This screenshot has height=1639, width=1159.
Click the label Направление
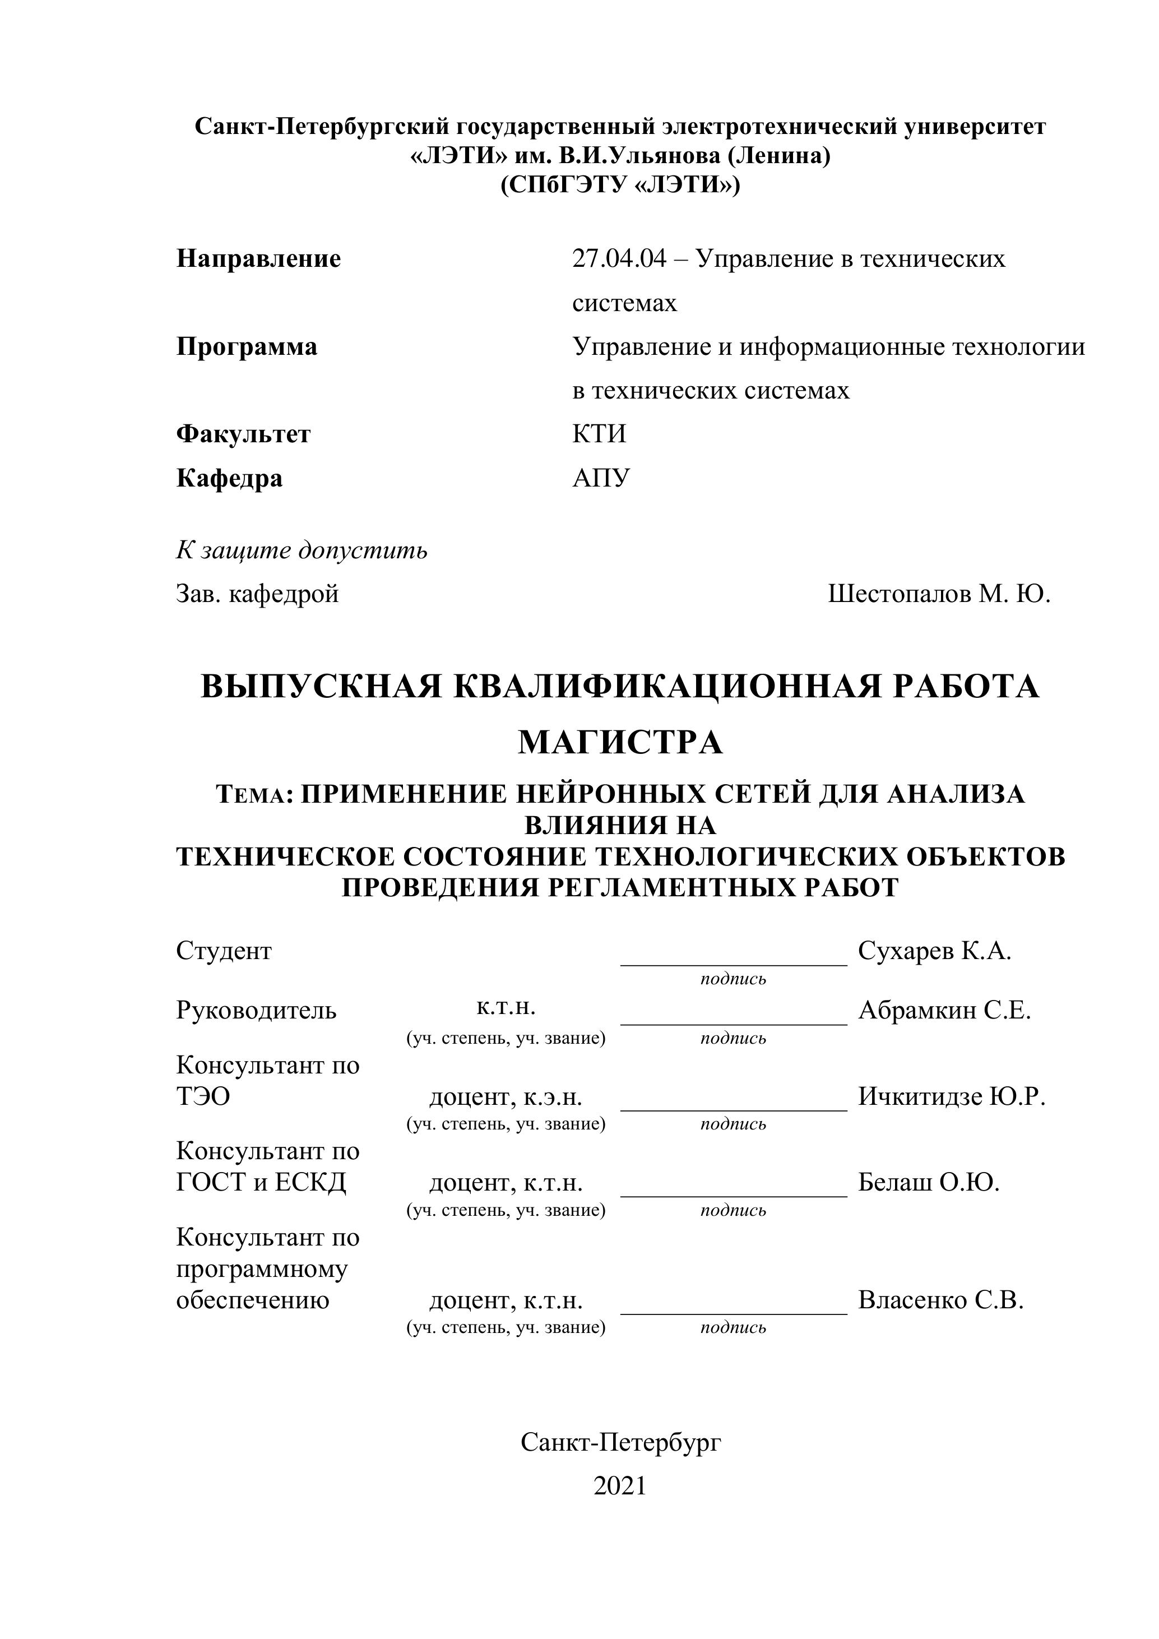pyautogui.click(x=258, y=258)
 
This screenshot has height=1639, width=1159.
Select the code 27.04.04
pyautogui.click(x=619, y=258)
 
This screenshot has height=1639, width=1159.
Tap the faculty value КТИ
pyautogui.click(x=599, y=434)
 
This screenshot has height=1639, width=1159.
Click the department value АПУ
pyautogui.click(x=601, y=478)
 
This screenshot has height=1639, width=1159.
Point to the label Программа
pyautogui.click(x=247, y=347)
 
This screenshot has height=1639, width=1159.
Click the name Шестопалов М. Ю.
pyautogui.click(x=939, y=594)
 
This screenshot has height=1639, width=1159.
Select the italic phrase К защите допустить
pyautogui.click(x=302, y=550)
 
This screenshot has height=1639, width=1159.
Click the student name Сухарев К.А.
pyautogui.click(x=934, y=951)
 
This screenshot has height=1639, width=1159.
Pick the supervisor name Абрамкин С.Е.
pyautogui.click(x=944, y=1010)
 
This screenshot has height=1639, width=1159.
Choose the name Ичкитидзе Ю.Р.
pyautogui.click(x=951, y=1096)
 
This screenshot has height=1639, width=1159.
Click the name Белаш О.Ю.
pyautogui.click(x=929, y=1183)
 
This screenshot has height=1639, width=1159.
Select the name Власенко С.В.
pyautogui.click(x=940, y=1300)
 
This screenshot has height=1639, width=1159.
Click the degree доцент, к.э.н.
pyautogui.click(x=506, y=1097)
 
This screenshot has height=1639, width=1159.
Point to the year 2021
pyautogui.click(x=619, y=1485)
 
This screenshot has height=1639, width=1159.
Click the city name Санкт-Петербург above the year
pyautogui.click(x=620, y=1443)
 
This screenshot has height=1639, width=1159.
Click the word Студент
pyautogui.click(x=224, y=951)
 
